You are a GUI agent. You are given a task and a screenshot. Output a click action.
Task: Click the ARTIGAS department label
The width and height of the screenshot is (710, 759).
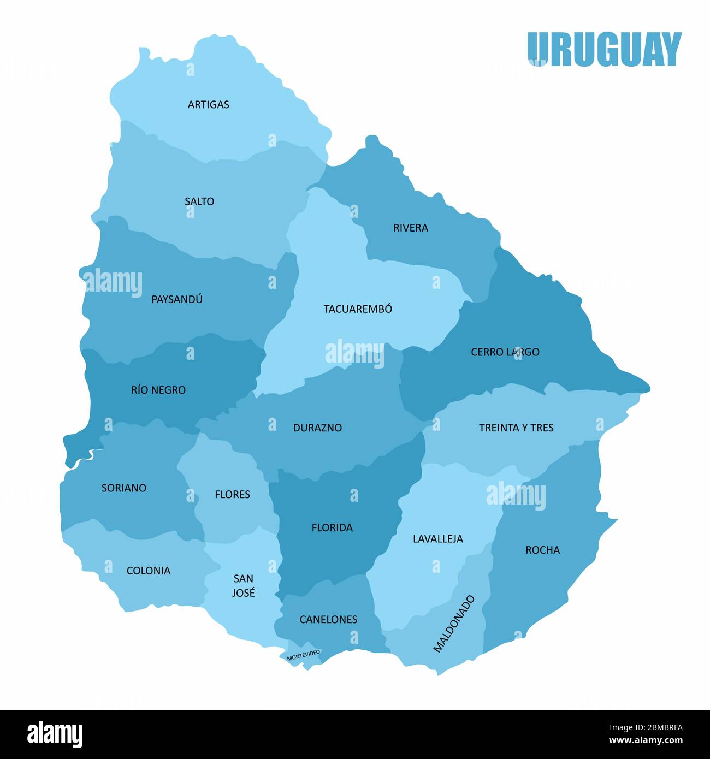pyautogui.click(x=208, y=104)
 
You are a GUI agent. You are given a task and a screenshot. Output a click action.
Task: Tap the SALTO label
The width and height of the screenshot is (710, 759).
pyautogui.click(x=199, y=201)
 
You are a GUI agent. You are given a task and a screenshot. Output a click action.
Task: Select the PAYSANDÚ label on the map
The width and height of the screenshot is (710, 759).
pyautogui.click(x=177, y=299)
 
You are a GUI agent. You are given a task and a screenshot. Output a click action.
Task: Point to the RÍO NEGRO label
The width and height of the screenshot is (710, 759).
pyautogui.click(x=158, y=390)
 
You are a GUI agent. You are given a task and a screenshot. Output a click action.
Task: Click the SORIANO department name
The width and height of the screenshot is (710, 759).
pyautogui.click(x=124, y=488)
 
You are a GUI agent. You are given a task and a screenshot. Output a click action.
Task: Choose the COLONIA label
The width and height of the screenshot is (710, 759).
pyautogui.click(x=149, y=571)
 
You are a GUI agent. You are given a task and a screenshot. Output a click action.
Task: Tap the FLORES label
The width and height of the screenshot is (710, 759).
pyautogui.click(x=232, y=495)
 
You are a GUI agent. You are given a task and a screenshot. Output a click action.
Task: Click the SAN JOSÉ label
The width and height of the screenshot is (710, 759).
pyautogui.click(x=243, y=585)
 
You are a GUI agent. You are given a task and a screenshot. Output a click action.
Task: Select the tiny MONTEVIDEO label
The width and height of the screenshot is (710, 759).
pyautogui.click(x=304, y=655)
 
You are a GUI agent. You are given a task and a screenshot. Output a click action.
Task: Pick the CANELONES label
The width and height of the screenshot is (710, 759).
pyautogui.click(x=328, y=620)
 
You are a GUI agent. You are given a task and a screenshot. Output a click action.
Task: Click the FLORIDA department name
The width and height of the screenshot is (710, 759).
pyautogui.click(x=332, y=527)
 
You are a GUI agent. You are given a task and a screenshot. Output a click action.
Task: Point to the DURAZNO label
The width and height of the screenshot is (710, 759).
pyautogui.click(x=317, y=428)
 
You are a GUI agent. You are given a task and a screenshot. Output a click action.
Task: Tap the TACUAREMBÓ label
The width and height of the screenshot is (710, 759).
pyautogui.click(x=358, y=309)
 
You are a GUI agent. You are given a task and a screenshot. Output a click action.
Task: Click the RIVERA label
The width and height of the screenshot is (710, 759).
pyautogui.click(x=411, y=228)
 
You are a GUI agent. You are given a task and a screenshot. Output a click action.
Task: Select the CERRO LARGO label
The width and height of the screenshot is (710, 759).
pyautogui.click(x=505, y=352)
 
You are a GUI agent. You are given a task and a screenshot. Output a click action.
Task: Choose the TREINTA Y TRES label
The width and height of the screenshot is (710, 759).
pyautogui.click(x=516, y=428)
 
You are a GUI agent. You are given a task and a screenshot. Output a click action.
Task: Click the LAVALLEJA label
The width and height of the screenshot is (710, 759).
pyautogui.click(x=437, y=539)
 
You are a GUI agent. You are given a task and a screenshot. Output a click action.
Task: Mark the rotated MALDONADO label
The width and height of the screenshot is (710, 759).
pyautogui.click(x=454, y=624)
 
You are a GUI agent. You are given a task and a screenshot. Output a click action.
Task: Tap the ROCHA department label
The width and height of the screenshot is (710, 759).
pyautogui.click(x=542, y=550)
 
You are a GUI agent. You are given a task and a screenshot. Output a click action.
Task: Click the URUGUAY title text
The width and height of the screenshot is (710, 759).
pyautogui.click(x=605, y=49)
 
